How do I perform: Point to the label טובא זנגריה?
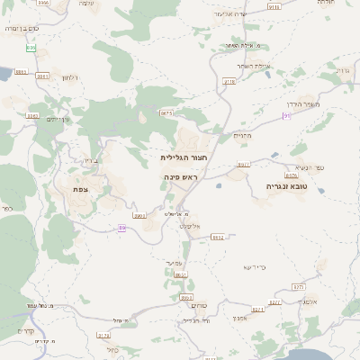point(286,186)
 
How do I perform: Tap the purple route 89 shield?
point(121,228)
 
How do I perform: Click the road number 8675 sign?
point(166,113)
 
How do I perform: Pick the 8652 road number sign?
point(217,238)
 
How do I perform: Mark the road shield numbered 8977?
point(243,166)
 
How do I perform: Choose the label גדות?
point(342,69)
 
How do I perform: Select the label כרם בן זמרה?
point(16,29)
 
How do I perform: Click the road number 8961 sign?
point(21,72)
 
